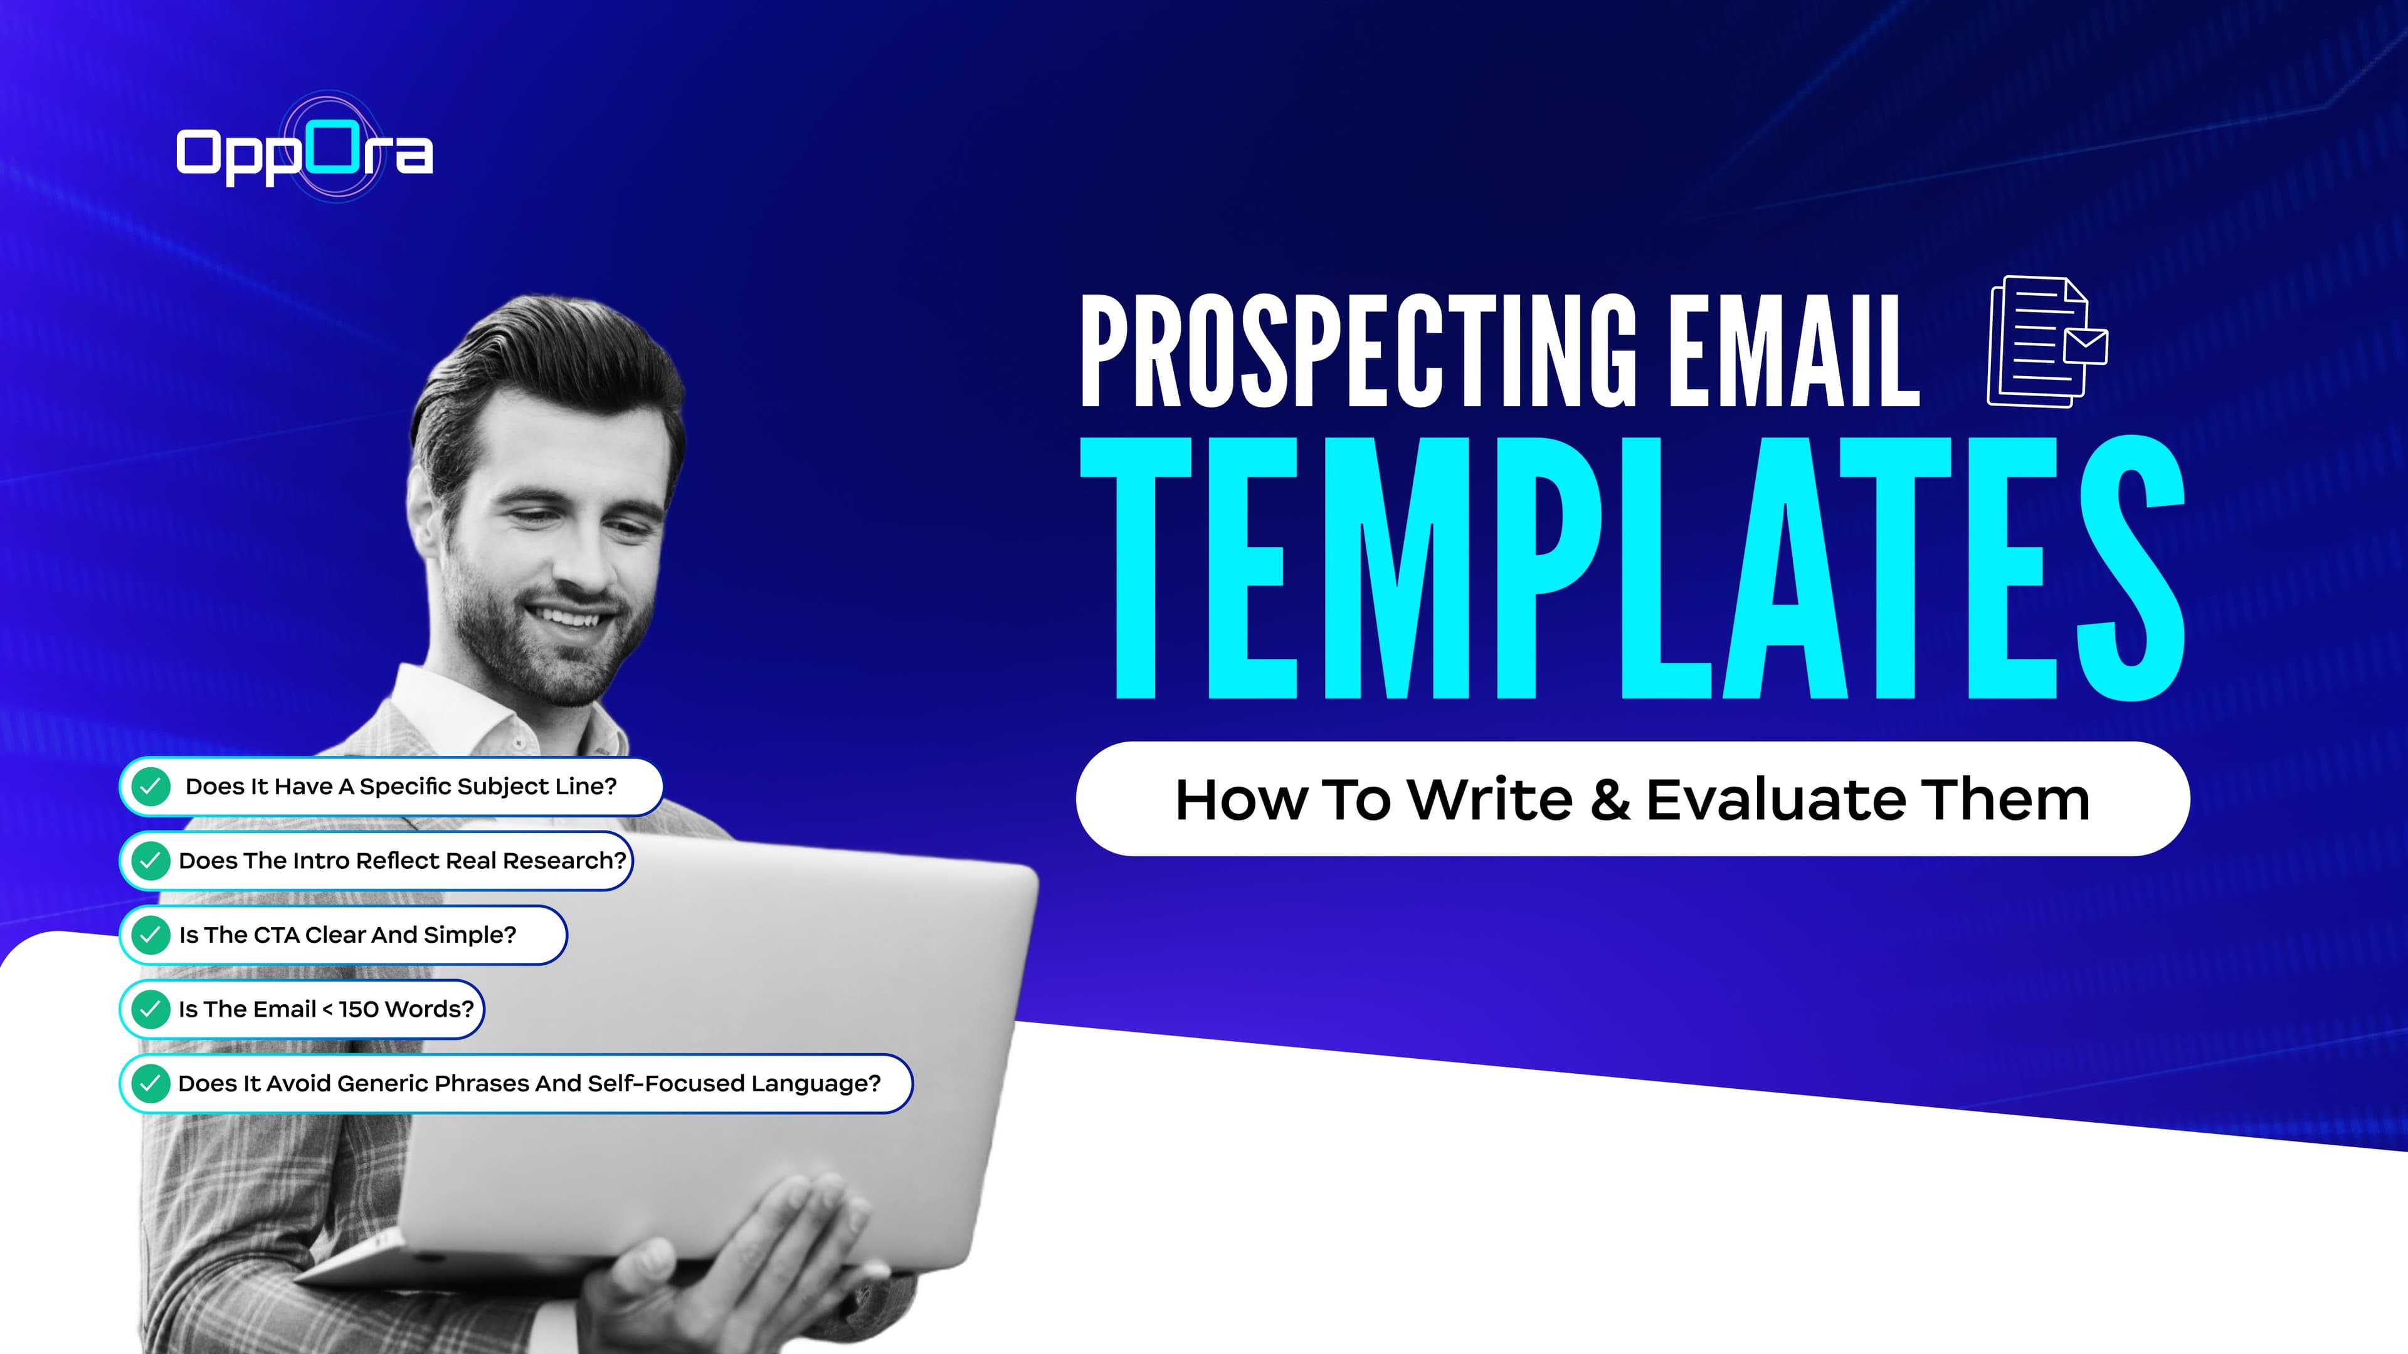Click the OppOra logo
(304, 151)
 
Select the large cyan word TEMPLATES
(1631, 568)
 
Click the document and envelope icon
(2046, 342)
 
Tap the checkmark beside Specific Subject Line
(150, 786)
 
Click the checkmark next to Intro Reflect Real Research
(150, 861)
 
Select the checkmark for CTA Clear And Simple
(150, 935)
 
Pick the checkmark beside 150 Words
(150, 1009)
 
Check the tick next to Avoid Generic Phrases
(150, 1083)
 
